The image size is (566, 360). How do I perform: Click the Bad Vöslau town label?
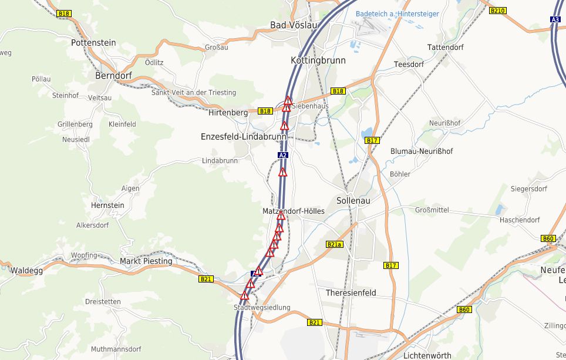pos(293,25)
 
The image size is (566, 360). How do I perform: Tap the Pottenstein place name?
pos(93,43)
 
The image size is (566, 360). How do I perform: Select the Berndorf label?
pos(113,76)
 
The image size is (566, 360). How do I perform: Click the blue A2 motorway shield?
pos(283,155)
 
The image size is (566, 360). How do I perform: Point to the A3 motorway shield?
pos(555,19)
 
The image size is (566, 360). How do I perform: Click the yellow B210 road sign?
pos(497,11)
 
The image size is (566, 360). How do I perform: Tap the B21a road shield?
pos(333,244)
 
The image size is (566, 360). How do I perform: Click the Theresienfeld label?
pos(351,292)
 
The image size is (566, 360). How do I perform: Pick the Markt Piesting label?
pos(146,261)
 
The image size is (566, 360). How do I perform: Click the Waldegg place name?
pos(26,271)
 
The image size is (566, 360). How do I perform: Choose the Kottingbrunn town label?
pos(318,60)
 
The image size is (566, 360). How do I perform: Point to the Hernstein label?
pos(107,205)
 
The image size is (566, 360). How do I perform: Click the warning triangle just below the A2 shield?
pos(282,173)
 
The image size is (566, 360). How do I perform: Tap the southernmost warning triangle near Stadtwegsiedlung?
pos(245,295)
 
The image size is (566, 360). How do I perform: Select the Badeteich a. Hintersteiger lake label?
pos(397,14)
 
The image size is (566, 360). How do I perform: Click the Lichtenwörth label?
pos(427,355)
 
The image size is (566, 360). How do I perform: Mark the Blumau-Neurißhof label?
pos(422,151)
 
